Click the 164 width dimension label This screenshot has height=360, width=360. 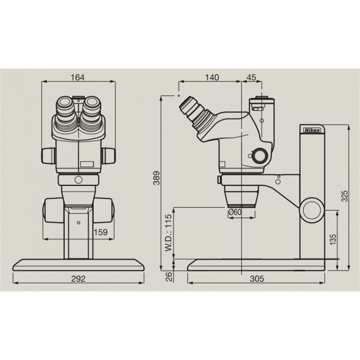pos(77,77)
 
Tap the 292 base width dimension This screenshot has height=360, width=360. pos(78,279)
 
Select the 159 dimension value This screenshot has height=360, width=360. pos(101,232)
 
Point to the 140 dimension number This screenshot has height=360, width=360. pos(212,77)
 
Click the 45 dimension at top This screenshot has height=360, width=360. pos(251,77)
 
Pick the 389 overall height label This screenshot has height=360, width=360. pos(157,178)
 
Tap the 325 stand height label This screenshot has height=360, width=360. pos(345,196)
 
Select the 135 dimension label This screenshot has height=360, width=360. pos(333,239)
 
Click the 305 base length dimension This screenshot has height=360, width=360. pos(257,279)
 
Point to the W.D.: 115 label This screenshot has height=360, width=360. pos(168,233)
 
